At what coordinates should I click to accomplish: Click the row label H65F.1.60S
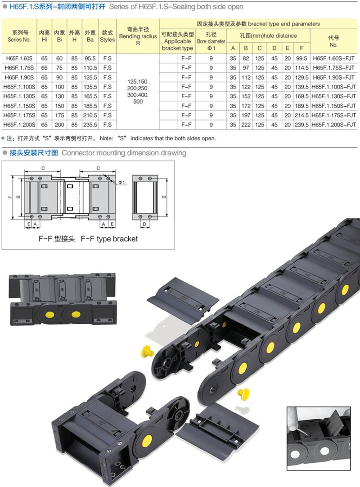[x=19, y=58]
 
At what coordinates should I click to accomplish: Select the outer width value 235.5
[x=90, y=125]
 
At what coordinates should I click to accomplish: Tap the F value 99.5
[x=301, y=58]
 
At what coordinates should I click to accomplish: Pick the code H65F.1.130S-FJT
[x=333, y=96]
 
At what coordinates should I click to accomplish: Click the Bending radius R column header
[x=138, y=36]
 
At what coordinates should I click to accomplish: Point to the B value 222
[x=246, y=125]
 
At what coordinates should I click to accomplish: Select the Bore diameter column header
[x=211, y=41]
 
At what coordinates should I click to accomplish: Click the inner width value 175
[x=59, y=115]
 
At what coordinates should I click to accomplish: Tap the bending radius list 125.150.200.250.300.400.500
[x=138, y=92]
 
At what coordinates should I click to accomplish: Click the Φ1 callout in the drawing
[x=121, y=182]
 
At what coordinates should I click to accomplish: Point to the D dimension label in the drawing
[x=144, y=224]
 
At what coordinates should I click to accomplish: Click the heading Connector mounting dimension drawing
[x=124, y=153]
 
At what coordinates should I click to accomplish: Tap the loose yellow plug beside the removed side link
[x=147, y=351]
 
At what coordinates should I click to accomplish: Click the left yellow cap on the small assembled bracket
[x=50, y=315]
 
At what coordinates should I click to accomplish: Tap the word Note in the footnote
[x=106, y=139]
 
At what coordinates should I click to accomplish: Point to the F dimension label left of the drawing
[x=10, y=197]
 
